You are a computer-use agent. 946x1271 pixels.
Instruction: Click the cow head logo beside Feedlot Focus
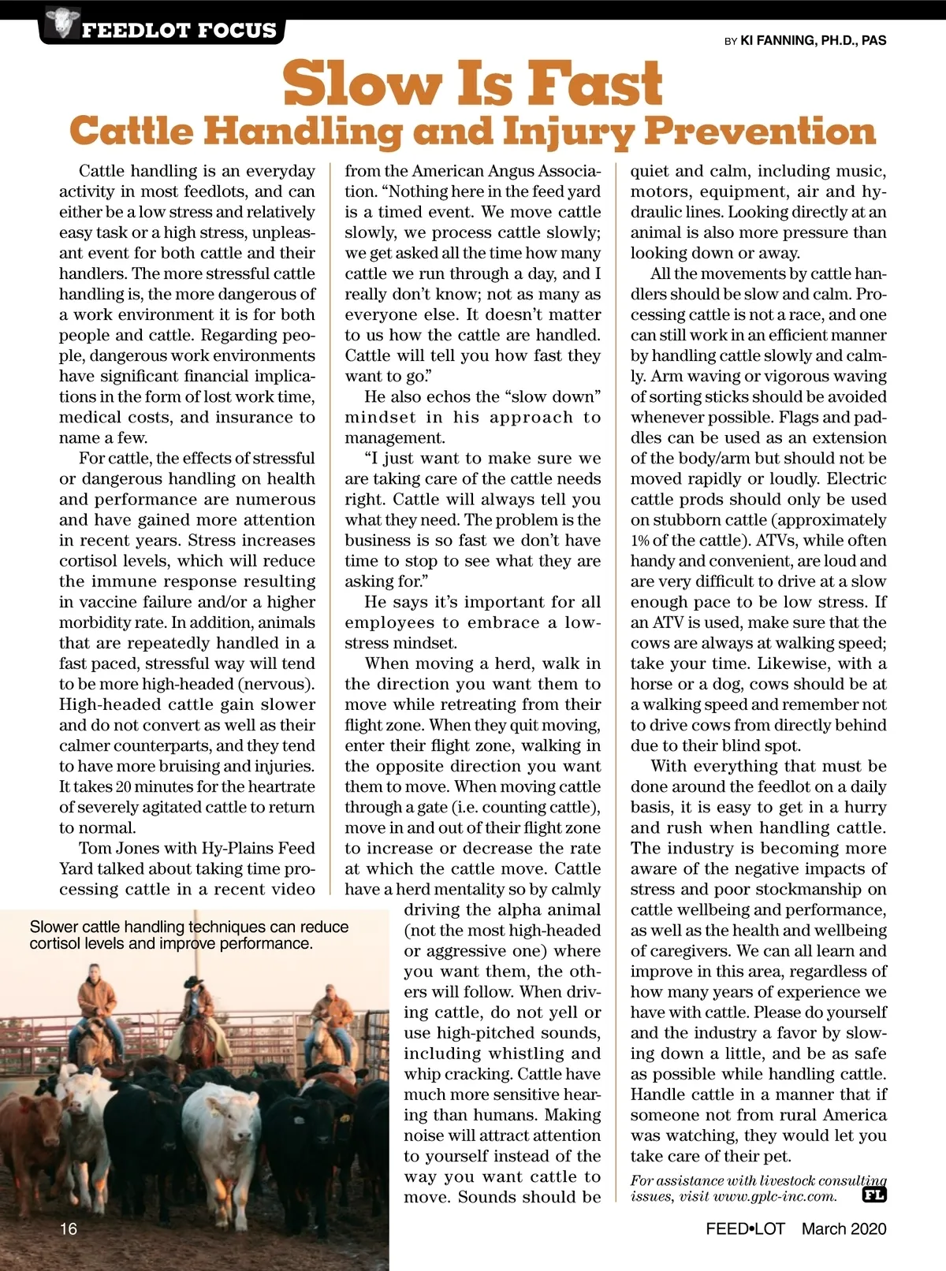point(60,22)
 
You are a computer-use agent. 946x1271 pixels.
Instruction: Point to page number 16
point(69,1228)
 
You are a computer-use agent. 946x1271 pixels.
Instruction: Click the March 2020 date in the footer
point(844,1228)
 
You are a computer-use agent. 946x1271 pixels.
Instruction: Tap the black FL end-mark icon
point(874,1195)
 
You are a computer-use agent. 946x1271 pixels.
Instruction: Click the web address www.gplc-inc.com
point(774,1196)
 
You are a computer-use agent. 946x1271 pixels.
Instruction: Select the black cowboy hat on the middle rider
point(194,982)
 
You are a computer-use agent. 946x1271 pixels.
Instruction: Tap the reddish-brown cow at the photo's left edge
point(32,1135)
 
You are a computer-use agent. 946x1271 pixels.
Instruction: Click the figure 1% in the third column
point(639,541)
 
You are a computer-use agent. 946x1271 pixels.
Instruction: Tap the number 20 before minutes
point(125,787)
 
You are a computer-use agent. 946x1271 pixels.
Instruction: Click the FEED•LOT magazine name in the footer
point(745,1228)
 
